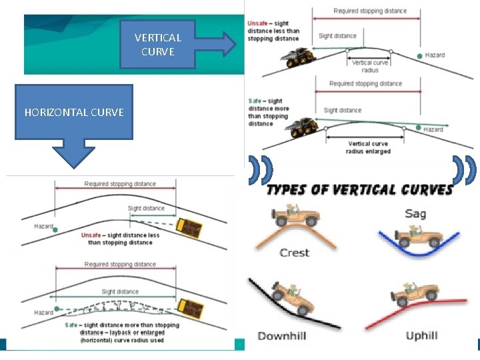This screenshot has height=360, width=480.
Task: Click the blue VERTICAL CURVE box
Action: click(157, 44)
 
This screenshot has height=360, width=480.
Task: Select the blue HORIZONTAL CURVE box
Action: click(73, 112)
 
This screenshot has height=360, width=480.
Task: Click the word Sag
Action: click(416, 214)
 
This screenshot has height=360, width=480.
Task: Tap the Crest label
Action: click(294, 253)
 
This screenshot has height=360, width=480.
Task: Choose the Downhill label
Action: click(282, 336)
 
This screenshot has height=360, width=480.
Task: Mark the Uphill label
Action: click(421, 335)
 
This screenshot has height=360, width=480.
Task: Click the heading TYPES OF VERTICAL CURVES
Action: click(359, 190)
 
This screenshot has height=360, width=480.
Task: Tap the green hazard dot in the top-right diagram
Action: click(419, 55)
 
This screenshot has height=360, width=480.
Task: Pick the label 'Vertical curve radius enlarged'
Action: click(369, 148)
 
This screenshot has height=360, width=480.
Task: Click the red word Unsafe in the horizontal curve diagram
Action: click(91, 235)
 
